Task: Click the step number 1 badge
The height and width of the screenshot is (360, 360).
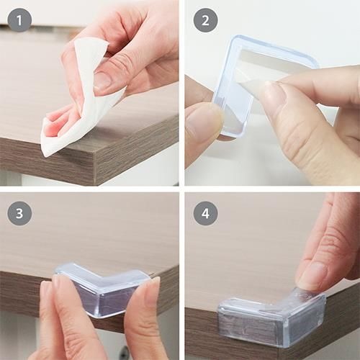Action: click(19, 19)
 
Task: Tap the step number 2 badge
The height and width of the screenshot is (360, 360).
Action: click(205, 19)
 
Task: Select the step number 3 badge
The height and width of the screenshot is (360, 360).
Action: click(19, 212)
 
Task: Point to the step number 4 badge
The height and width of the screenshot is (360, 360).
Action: click(205, 212)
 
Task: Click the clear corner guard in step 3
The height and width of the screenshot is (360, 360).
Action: click(101, 288)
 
